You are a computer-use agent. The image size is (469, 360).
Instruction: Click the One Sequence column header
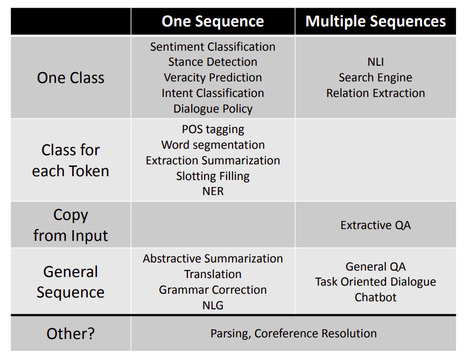pos(213,22)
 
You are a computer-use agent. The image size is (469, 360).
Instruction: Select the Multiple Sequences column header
pos(375,22)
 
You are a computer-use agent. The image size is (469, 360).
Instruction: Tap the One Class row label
pos(71,78)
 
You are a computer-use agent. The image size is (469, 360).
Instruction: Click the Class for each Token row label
pos(71,160)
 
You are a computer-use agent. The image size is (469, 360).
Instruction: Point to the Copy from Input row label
pos(71,225)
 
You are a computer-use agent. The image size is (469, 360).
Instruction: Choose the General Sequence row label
pos(71,282)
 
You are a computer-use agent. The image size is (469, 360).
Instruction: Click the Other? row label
pos(71,334)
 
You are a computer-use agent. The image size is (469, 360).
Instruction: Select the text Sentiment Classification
pos(213,47)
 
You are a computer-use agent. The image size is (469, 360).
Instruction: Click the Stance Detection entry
pos(213,62)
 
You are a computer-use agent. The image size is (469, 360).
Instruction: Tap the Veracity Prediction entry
pos(213,78)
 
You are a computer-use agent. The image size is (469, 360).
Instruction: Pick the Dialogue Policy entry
pos(213,109)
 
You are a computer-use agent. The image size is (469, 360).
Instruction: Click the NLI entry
pos(375,62)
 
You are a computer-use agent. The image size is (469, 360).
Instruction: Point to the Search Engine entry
pos(375,78)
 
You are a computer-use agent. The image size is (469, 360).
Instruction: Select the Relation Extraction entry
pos(375,93)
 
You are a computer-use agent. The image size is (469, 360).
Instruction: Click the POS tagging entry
pos(213,129)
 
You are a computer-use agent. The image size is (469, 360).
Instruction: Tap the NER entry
pos(213,191)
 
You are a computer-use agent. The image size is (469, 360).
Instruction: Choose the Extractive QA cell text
pos(375,225)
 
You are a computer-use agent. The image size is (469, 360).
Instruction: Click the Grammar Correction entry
pos(213,290)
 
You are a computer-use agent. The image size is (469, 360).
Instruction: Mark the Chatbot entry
pos(375,297)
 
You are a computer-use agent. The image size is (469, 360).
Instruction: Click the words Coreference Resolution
pos(316,334)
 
